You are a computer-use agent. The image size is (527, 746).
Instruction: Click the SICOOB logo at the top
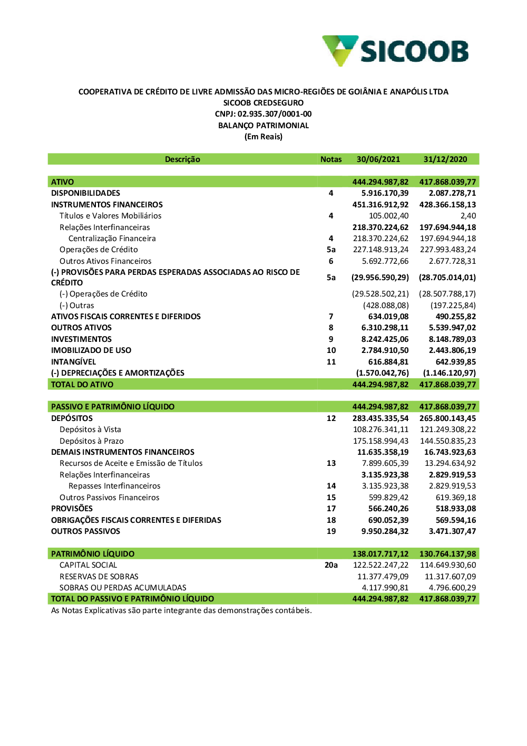(395, 51)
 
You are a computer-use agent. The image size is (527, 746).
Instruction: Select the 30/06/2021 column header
(378, 159)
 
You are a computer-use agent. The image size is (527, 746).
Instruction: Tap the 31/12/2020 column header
(445, 159)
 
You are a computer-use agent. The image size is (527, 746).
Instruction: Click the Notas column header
(331, 159)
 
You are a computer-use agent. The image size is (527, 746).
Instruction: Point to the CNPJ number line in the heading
(263, 114)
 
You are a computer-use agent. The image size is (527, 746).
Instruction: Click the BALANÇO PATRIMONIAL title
(263, 126)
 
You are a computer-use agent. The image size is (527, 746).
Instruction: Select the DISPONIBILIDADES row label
(85, 193)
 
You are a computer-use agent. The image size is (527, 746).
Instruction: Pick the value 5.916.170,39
(385, 193)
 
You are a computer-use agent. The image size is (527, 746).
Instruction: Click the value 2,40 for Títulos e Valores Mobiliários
(468, 216)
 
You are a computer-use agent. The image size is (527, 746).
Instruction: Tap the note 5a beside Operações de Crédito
(331, 250)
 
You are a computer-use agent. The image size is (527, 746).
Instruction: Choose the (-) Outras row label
(77, 305)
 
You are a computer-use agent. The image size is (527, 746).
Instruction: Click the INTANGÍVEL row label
(73, 362)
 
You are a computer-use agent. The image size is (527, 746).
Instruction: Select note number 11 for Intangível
(331, 362)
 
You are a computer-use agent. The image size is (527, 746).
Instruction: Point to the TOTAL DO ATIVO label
(82, 385)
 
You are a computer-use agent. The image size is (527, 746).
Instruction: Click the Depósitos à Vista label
(90, 429)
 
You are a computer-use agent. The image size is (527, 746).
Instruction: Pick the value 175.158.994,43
(380, 441)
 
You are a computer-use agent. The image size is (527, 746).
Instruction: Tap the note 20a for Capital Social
(331, 565)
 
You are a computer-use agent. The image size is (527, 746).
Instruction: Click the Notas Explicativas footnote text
(181, 610)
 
